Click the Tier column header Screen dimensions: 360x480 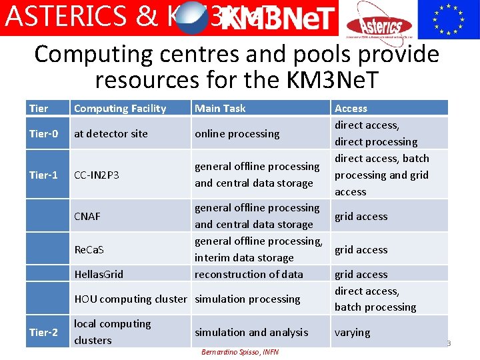pos(39,108)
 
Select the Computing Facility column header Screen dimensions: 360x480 pos(120,108)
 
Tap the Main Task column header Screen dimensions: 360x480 pos(220,108)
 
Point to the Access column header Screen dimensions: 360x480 pos(351,108)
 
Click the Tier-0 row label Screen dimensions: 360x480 pos(43,133)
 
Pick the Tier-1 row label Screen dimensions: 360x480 pos(43,175)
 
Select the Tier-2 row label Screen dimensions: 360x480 pos(43,332)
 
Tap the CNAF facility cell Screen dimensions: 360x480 pos(87,216)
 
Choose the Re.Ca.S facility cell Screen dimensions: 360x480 pos(89,249)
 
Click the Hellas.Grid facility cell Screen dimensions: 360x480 pos(99,274)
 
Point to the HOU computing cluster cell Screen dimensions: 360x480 pos(131,299)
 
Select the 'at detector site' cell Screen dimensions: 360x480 pos(111,133)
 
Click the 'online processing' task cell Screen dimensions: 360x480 pos(237,133)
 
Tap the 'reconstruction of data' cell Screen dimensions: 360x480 pos(249,274)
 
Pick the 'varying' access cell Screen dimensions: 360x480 pos(352,332)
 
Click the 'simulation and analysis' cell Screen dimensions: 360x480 pos(251,332)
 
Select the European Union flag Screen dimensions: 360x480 pos(448,19)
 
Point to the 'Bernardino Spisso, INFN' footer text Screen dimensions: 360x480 pos(240,351)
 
